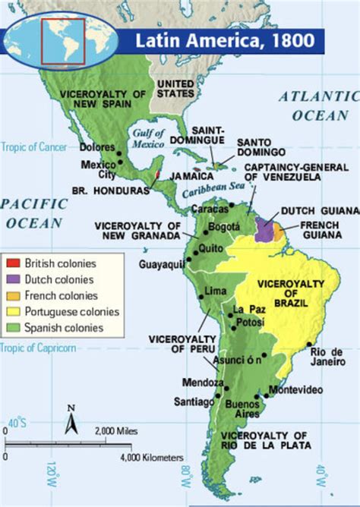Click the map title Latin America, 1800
(226, 40)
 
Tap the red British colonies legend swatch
(14, 263)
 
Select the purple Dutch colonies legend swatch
(14, 279)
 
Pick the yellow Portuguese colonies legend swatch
(14, 312)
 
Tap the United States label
(175, 87)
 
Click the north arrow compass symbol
(71, 418)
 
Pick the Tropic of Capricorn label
(37, 348)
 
